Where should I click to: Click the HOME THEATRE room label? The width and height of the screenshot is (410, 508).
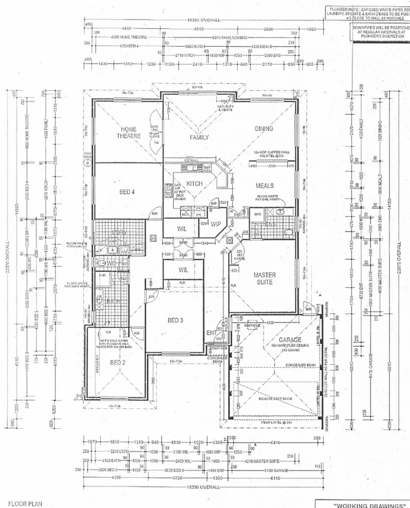[129, 132]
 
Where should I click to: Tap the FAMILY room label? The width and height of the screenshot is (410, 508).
[199, 138]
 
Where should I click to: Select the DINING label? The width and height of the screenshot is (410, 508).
[264, 129]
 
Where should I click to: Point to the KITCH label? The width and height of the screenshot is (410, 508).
[195, 184]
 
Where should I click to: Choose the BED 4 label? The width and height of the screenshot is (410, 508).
[127, 192]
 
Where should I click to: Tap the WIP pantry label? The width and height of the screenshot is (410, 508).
[215, 224]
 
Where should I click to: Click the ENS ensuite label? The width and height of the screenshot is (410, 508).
[270, 225]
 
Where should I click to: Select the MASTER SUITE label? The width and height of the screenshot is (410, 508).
[265, 279]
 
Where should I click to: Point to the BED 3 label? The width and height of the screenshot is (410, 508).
[175, 320]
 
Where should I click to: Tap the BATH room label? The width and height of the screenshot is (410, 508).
[113, 301]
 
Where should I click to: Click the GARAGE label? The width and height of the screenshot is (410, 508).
[290, 339]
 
